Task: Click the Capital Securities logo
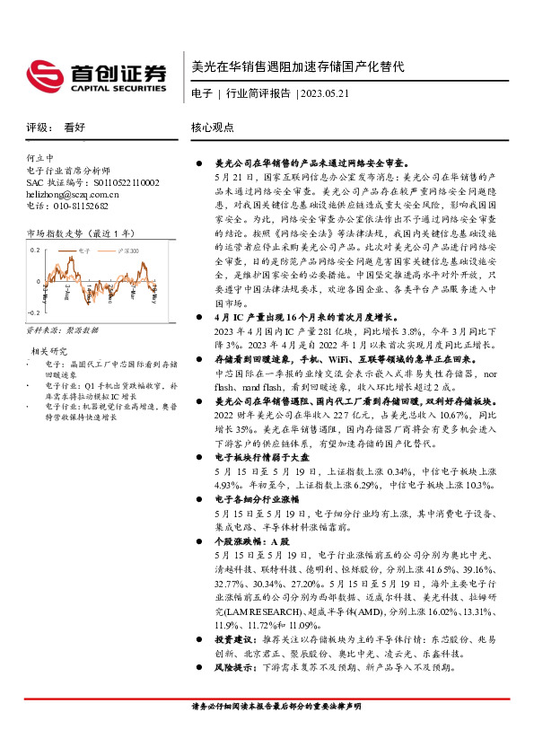tap(95, 73)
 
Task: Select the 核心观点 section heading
tap(213, 127)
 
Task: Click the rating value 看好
tap(74, 127)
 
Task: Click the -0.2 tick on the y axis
tap(33, 311)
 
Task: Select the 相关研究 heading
tap(50, 349)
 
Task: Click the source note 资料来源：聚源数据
tap(62, 330)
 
